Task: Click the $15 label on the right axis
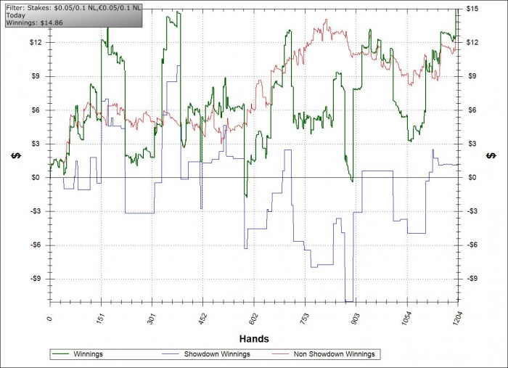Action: pyautogui.click(x=472, y=9)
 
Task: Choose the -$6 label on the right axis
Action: pyautogui.click(x=473, y=245)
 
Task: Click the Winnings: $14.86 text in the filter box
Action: pyautogui.click(x=29, y=23)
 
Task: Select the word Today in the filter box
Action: pyautogui.click(x=15, y=15)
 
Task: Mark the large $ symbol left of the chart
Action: pyautogui.click(x=14, y=156)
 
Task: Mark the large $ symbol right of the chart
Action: pyautogui.click(x=491, y=156)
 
